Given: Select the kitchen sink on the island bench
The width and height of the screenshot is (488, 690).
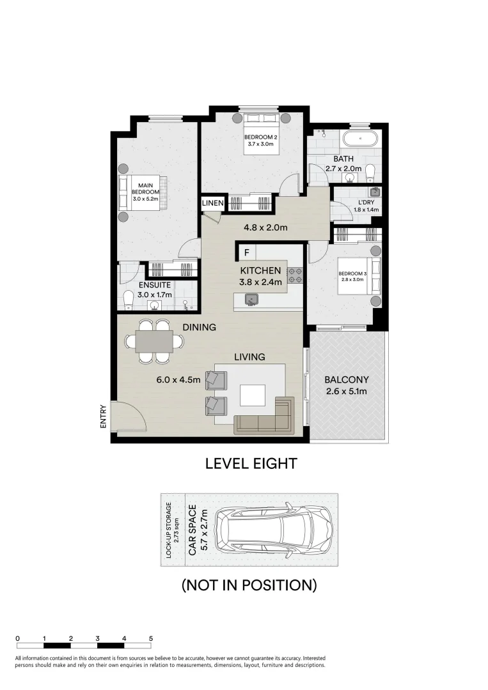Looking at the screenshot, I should click(251, 298).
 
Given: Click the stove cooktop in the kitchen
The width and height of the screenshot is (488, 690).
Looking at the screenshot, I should click(295, 275).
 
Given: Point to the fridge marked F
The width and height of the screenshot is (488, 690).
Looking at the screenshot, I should click(246, 252).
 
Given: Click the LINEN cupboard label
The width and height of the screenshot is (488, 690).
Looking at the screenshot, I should click(213, 203).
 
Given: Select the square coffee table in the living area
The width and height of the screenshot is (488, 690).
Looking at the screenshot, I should click(252, 395).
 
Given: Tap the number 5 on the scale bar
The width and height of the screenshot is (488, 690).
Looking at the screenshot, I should click(151, 638).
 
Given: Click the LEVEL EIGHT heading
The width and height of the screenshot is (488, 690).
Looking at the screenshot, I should click(251, 464).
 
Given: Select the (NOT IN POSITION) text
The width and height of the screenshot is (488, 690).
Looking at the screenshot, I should click(249, 584).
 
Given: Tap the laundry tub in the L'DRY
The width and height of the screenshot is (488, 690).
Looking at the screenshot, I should click(375, 192).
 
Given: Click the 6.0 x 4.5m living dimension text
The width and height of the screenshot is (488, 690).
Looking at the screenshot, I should click(179, 379).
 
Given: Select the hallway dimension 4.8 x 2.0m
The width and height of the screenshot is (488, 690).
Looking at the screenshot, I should click(264, 227).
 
